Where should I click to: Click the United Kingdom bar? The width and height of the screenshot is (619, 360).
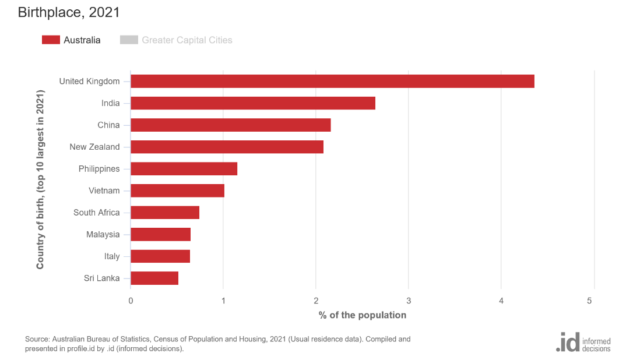tap(332, 82)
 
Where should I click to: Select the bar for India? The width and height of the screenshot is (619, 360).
tap(253, 103)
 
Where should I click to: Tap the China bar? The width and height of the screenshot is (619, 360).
tap(231, 125)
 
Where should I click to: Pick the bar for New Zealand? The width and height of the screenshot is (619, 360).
tap(227, 147)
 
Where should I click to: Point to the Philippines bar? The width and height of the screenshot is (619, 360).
tap(184, 169)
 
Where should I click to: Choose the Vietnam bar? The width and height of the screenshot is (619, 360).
tap(177, 190)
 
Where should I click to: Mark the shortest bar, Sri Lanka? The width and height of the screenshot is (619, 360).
tap(154, 278)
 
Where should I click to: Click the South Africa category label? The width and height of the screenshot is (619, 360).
tap(97, 213)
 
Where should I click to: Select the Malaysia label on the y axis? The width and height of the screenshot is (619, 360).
tap(103, 235)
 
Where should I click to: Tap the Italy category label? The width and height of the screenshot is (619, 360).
tap(112, 256)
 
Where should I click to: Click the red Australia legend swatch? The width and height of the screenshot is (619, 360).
tap(51, 40)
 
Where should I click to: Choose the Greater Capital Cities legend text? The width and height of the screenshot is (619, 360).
tap(187, 40)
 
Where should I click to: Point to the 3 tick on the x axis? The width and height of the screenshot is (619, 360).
tap(409, 301)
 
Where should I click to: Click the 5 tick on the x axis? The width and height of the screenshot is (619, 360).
tap(590, 301)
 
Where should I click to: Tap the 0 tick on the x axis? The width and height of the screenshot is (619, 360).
tap(131, 301)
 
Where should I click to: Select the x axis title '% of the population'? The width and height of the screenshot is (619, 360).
tap(362, 315)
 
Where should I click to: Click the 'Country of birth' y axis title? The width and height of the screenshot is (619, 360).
tap(40, 179)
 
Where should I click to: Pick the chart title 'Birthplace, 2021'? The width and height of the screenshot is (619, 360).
tap(69, 12)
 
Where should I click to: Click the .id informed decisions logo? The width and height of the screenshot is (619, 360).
tap(583, 341)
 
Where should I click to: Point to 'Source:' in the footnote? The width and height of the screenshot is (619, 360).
tap(37, 339)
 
